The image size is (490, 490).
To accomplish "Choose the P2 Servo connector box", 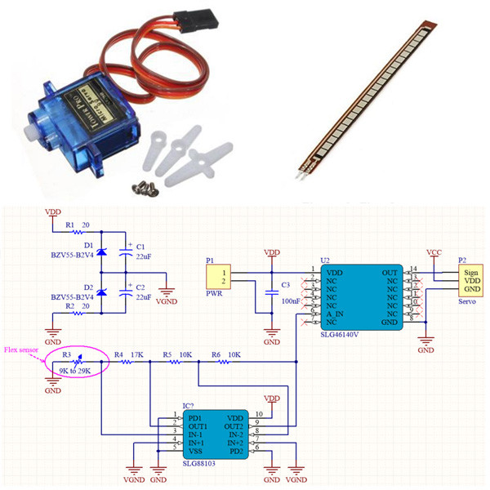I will [x=469, y=280].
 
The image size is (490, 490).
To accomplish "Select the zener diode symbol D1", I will [x=103, y=252].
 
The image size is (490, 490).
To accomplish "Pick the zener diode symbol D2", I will [x=103, y=292].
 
